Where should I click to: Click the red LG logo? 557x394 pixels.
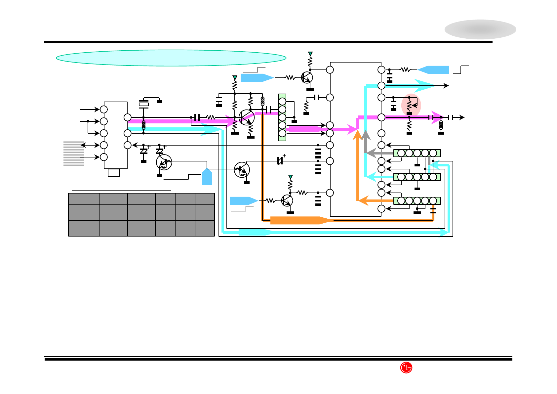click(406, 368)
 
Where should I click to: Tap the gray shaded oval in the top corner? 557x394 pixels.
click(480, 29)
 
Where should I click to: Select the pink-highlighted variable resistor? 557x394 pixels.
click(411, 105)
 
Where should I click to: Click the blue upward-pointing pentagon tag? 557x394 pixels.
click(207, 177)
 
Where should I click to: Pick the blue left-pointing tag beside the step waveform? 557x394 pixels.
click(433, 70)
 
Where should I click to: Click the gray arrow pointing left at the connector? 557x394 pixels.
click(380, 153)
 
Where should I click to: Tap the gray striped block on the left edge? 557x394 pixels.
click(74, 153)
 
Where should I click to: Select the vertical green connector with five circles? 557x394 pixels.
click(282, 117)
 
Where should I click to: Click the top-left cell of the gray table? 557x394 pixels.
click(84, 199)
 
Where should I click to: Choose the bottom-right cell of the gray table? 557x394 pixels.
click(205, 228)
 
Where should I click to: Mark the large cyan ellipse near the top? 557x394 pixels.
click(171, 58)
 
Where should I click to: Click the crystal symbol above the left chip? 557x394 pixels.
click(144, 104)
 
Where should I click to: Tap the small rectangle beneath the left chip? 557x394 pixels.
click(114, 173)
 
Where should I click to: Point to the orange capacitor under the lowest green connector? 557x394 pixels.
click(433, 211)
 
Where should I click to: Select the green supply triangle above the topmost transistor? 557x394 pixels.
click(310, 54)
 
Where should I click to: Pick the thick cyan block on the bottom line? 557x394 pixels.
click(256, 232)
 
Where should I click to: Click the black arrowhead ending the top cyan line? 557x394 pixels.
click(446, 86)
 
